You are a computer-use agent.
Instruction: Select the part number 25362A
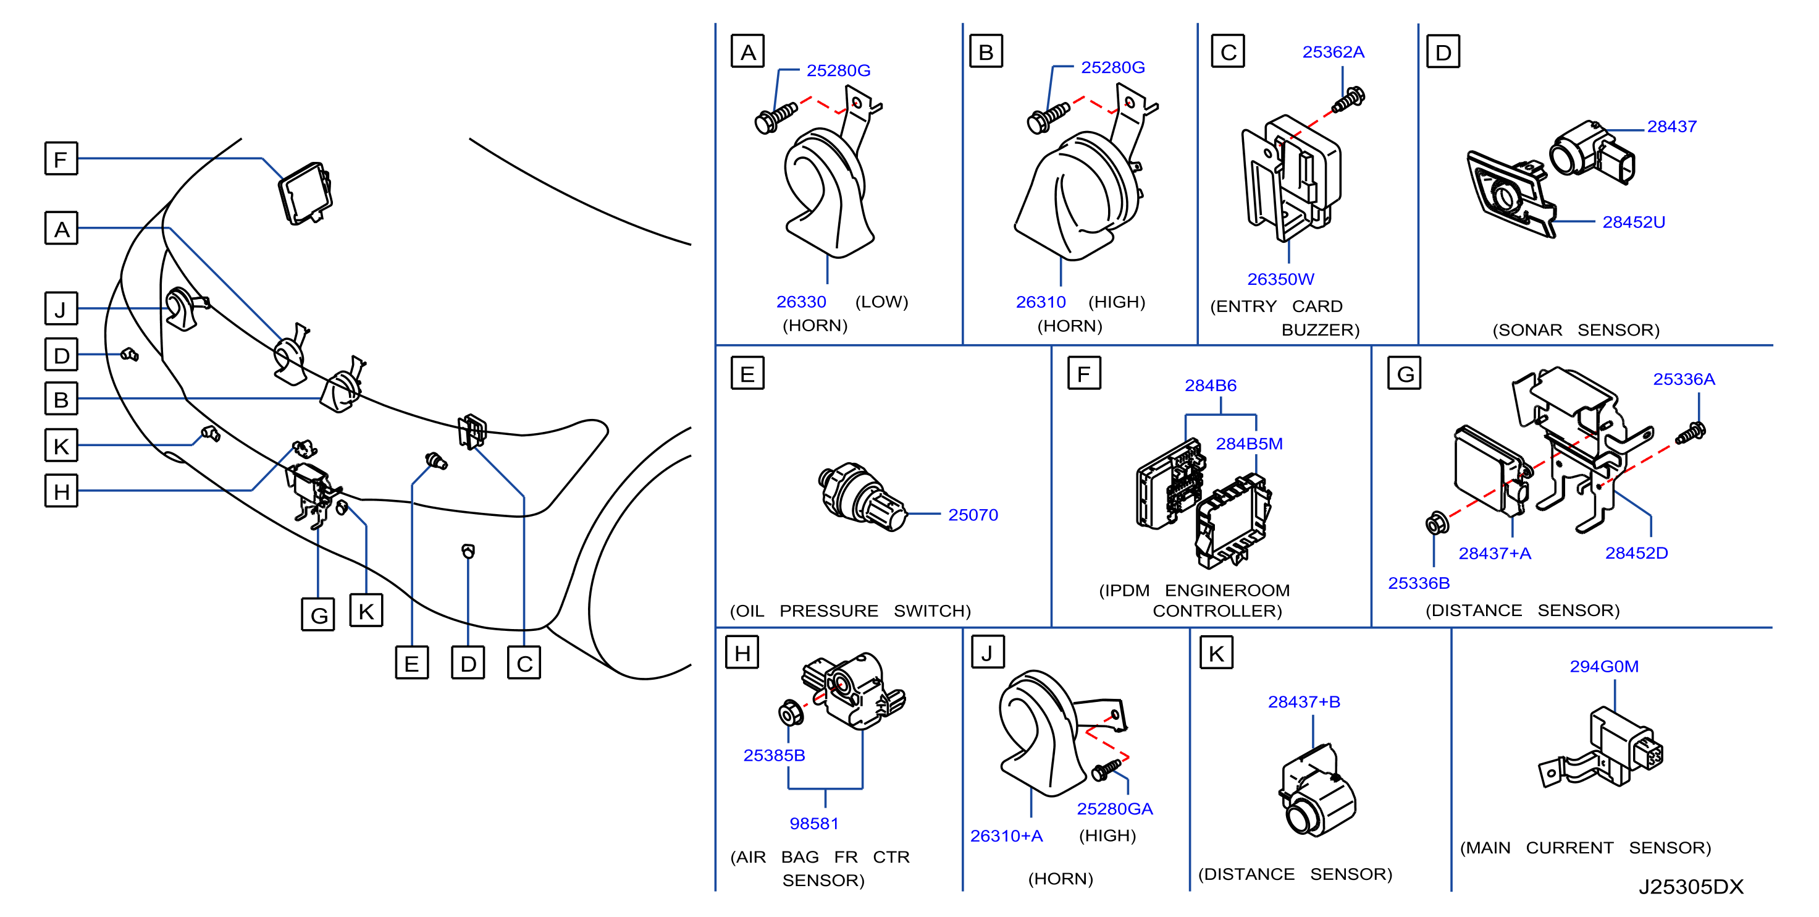click(1332, 53)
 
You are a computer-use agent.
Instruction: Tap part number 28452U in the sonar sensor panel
click(1633, 222)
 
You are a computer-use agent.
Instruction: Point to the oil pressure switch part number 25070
click(972, 515)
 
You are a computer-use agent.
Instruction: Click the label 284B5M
click(1248, 444)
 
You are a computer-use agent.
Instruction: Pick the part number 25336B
click(1419, 583)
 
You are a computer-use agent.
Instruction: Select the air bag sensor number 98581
click(813, 824)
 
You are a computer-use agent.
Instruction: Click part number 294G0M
click(1603, 666)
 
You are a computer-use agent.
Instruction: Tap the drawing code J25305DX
click(1691, 887)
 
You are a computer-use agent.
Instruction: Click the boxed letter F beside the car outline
click(61, 159)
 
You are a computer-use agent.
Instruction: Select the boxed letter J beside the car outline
click(61, 309)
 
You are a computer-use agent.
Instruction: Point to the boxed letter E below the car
click(412, 662)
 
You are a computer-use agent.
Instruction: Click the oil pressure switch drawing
click(862, 497)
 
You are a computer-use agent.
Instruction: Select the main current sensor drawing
click(1601, 748)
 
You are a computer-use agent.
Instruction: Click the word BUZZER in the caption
click(1320, 330)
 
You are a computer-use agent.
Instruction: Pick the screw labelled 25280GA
click(1106, 769)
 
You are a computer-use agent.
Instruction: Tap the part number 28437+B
click(1303, 701)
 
